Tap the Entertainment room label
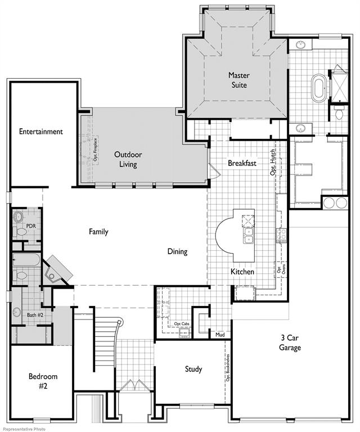(x=40, y=132)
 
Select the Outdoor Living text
(x=128, y=159)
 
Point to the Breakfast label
(x=242, y=163)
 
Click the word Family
(x=98, y=231)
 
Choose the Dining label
(x=177, y=251)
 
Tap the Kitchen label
(x=242, y=272)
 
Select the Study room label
(x=193, y=369)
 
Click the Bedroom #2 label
(x=43, y=381)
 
